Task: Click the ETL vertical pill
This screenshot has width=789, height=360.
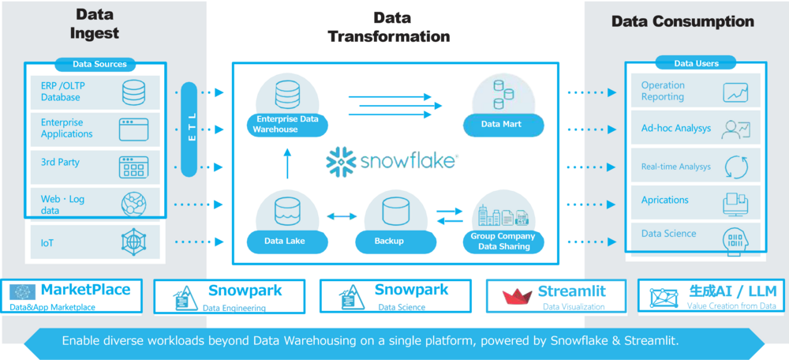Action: coord(189,129)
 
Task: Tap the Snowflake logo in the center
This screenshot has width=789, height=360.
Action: coord(391,160)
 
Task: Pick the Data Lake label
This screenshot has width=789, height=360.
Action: coord(285,241)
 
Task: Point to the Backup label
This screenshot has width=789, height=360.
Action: coord(390,241)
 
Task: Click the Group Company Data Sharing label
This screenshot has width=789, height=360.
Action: coord(503,242)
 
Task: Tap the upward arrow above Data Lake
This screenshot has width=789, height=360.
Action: coord(288,163)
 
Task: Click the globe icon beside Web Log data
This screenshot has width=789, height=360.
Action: coord(133,203)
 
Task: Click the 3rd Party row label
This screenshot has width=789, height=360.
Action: coord(60,163)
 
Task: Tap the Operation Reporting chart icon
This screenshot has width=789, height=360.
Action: coord(735,92)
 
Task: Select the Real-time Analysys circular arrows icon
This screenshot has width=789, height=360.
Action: coord(735,167)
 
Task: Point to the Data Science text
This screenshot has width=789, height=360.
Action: coord(668,234)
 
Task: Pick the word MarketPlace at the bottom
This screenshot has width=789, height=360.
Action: coord(85,290)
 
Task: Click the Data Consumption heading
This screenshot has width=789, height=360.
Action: coord(682,21)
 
